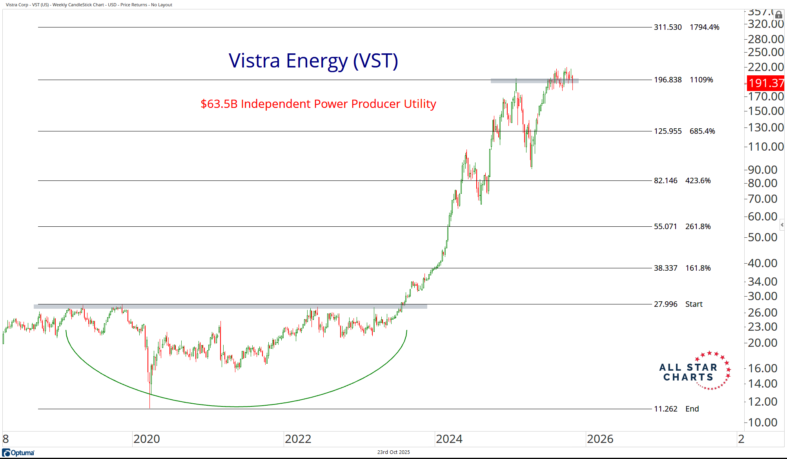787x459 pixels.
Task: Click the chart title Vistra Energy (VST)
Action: tap(313, 61)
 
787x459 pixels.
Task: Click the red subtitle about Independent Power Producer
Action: tap(318, 104)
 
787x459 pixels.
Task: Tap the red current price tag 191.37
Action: tap(765, 83)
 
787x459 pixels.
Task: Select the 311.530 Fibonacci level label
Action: tap(668, 27)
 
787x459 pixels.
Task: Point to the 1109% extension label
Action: tap(701, 80)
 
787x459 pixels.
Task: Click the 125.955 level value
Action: tap(668, 131)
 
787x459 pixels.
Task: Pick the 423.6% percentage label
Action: tap(698, 181)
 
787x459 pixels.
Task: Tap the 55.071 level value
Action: tap(665, 227)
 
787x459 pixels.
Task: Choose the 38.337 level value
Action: tap(665, 268)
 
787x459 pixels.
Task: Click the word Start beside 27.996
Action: tap(694, 304)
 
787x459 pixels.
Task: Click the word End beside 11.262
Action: tap(692, 409)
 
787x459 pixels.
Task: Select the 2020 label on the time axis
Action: tap(147, 439)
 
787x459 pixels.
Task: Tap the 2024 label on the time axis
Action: tap(449, 439)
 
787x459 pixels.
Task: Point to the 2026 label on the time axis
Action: tap(600, 439)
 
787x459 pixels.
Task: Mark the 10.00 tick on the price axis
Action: tap(762, 423)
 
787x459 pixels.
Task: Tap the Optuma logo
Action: tap(18, 453)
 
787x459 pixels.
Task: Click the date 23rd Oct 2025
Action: tap(393, 452)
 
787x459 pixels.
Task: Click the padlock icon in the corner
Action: tap(779, 15)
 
